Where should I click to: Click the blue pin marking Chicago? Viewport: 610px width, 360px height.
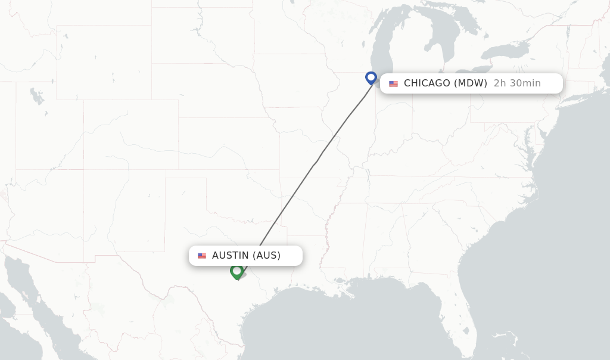pos(371,77)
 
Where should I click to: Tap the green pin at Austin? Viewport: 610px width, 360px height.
pos(236,271)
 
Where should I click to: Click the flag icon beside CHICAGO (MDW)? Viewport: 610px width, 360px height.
pos(393,83)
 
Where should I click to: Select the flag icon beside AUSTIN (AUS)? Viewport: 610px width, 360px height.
pos(202,256)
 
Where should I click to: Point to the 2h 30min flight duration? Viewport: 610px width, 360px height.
pos(517,83)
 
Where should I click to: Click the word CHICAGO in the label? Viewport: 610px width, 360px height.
pos(427,83)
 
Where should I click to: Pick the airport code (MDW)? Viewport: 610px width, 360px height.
pos(471,83)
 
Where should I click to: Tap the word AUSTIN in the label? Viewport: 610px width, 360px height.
pos(231,256)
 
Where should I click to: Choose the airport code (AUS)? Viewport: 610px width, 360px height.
pos(266,256)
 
